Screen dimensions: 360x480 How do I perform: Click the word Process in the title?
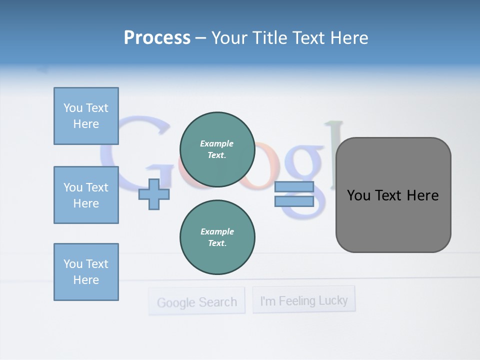(157, 38)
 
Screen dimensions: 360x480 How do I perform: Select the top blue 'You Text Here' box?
(86, 116)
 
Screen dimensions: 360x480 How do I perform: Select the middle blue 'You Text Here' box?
(86, 195)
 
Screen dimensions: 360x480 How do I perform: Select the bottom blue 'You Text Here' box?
(86, 272)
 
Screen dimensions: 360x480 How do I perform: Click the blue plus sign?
(154, 194)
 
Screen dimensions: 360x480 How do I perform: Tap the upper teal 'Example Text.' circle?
(217, 149)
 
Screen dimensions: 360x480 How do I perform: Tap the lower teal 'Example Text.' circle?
(217, 237)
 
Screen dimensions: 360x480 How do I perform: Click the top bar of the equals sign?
(294, 187)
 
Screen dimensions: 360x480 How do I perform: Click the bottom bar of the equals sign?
(294, 201)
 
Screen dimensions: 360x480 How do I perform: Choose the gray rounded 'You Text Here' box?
(393, 195)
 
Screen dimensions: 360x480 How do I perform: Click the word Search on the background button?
(216, 302)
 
